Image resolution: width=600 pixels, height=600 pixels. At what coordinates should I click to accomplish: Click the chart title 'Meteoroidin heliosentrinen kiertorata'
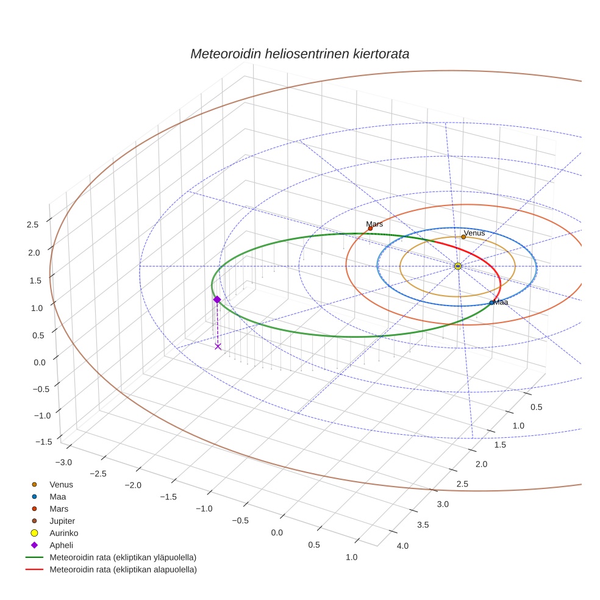pyautogui.click(x=299, y=54)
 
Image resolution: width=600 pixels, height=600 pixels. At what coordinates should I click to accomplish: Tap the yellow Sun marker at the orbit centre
pyautogui.click(x=458, y=266)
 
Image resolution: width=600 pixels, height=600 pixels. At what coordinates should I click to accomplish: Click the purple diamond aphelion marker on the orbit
pyautogui.click(x=217, y=299)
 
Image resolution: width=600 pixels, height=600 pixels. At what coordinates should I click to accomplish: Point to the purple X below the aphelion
pyautogui.click(x=218, y=346)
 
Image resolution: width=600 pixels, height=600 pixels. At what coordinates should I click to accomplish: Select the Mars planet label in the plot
pyautogui.click(x=374, y=224)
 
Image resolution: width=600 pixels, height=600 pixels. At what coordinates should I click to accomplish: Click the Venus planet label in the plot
pyautogui.click(x=474, y=233)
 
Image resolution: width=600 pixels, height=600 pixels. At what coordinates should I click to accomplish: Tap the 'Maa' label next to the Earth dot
pyautogui.click(x=501, y=302)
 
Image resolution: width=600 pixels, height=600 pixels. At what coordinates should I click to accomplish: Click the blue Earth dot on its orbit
pyautogui.click(x=491, y=302)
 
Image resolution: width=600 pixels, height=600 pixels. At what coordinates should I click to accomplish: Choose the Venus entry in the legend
pyautogui.click(x=61, y=484)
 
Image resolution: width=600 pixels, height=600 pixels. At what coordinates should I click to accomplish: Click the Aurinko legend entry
pyautogui.click(x=65, y=533)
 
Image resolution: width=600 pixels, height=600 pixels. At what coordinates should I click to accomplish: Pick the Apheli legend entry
pyautogui.click(x=61, y=545)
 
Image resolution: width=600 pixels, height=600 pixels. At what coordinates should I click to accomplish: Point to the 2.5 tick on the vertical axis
pyautogui.click(x=32, y=224)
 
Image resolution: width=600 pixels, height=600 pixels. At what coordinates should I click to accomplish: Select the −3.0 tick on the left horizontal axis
pyautogui.click(x=63, y=462)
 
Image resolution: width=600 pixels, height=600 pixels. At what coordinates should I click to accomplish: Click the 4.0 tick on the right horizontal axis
pyautogui.click(x=402, y=546)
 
